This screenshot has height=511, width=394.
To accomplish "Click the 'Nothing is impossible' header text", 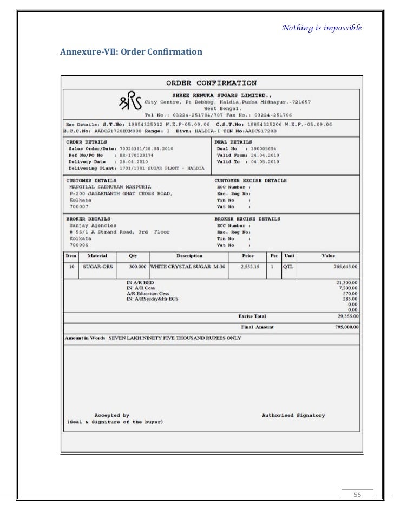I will coord(321,28).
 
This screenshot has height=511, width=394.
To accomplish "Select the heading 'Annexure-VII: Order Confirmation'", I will coord(131,52).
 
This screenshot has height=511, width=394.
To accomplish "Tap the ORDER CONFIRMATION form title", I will coord(211,83).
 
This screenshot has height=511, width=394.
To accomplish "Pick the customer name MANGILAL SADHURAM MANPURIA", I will coord(110,186).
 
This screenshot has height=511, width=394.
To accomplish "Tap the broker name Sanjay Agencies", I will coord(93,225).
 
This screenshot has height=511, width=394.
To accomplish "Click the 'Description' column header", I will coord(189,256).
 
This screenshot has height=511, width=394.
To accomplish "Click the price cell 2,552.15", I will coord(250,267).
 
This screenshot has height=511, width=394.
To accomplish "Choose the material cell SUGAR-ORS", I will coord(95,267).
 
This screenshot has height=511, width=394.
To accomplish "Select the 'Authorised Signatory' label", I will coord(293,416).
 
